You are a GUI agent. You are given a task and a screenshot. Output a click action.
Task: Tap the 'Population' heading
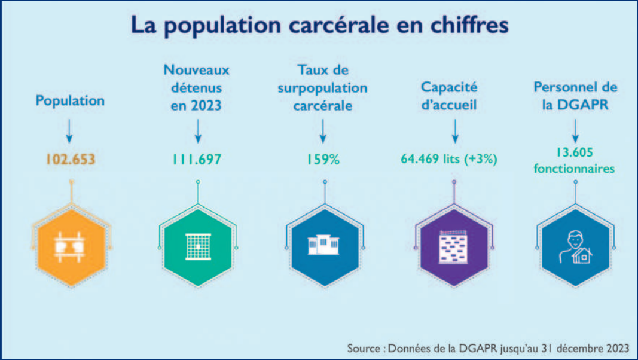[70, 100]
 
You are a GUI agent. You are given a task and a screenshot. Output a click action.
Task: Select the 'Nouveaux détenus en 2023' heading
[197, 87]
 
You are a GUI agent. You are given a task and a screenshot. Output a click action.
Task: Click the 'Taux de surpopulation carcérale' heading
[323, 87]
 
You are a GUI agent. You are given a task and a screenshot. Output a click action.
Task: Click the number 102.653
[70, 160]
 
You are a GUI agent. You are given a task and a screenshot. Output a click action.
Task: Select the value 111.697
[197, 160]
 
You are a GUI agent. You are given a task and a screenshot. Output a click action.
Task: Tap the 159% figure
[323, 160]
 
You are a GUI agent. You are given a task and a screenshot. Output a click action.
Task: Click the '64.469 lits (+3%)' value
[449, 160]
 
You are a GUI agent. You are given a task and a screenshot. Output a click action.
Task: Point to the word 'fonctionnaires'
[575, 169]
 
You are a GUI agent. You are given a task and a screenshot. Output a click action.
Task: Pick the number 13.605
[575, 152]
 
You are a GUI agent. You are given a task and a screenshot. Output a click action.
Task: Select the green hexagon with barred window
[197, 245]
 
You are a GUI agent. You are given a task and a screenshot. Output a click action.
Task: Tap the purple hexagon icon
[450, 245]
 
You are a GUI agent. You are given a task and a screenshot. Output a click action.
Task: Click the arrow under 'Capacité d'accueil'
[454, 130]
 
